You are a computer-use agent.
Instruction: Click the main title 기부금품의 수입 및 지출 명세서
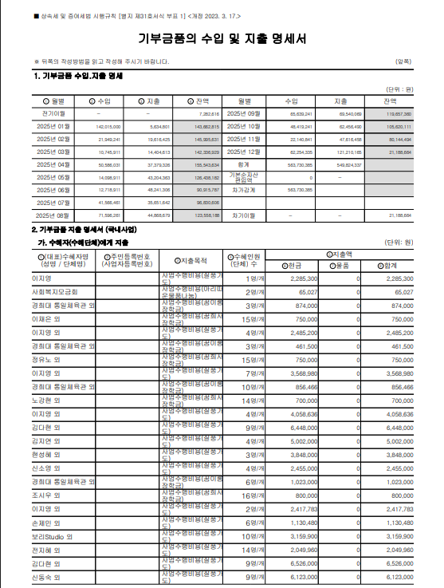coord(222,39)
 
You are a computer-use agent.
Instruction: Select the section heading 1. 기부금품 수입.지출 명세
coord(77,76)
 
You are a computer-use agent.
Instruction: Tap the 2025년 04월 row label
coord(55,164)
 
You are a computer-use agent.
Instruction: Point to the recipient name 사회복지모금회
coord(53,293)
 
